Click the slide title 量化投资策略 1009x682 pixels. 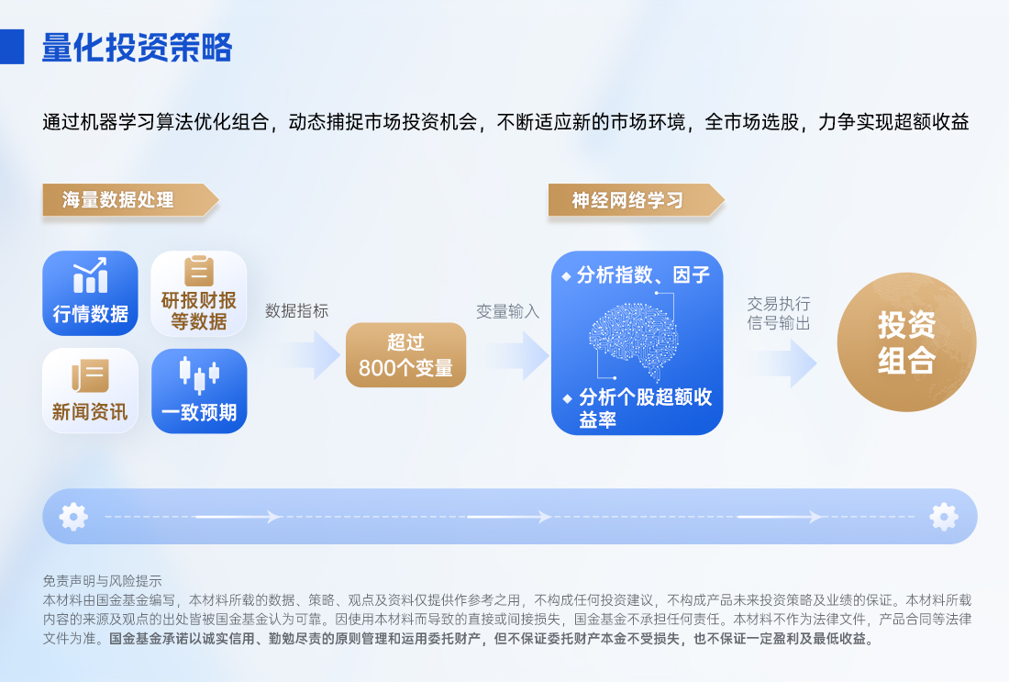tap(137, 47)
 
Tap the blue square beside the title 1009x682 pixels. tap(12, 47)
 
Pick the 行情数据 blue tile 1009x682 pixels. tap(90, 293)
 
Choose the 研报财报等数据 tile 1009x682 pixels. tap(199, 293)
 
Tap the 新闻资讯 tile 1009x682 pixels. tap(90, 390)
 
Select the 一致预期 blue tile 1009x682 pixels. tap(199, 390)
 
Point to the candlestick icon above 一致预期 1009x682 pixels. tap(199, 372)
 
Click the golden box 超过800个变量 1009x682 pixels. tap(405, 355)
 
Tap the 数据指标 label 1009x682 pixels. tap(296, 311)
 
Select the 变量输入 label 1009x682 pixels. tap(507, 311)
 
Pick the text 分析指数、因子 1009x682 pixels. tap(642, 274)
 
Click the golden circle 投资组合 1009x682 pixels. tap(906, 342)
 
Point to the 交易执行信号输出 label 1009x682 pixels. tap(779, 313)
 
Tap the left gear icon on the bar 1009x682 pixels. tap(73, 517)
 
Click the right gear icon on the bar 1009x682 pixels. tap(943, 517)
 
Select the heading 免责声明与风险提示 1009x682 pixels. tap(102, 580)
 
